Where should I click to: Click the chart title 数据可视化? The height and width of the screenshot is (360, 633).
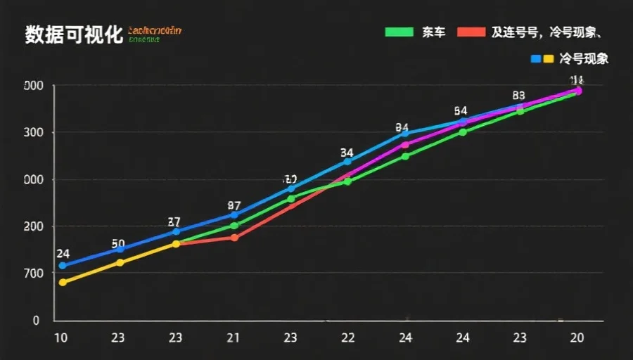pos(74,34)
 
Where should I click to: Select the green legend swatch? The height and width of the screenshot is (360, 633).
pos(398,32)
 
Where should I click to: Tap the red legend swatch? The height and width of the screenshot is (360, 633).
pos(471,32)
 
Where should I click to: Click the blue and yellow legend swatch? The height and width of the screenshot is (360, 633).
pos(542,58)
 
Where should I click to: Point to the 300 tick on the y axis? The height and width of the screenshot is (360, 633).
pos(34,133)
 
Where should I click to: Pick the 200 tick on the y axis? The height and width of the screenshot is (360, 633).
pos(34,226)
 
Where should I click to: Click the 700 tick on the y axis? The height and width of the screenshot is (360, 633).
pos(34,273)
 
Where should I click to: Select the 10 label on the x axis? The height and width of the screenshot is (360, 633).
pos(61,338)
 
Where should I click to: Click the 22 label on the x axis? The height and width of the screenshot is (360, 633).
pos(347,338)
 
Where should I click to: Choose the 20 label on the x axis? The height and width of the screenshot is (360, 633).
pos(577,338)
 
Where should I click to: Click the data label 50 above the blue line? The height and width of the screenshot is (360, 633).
pos(118,244)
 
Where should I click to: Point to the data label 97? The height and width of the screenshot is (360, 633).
pos(234,206)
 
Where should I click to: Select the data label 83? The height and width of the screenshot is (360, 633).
pos(519,96)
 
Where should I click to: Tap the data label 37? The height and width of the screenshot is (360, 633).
pos(174,222)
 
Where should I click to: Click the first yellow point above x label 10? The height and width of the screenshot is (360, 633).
pos(62,282)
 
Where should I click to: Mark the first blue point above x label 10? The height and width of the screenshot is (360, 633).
pos(62,265)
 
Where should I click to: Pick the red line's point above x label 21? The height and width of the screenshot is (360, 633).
pos(234,238)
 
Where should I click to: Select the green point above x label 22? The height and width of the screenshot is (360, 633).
pos(347,181)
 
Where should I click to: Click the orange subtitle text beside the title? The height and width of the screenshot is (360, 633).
pos(155,30)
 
